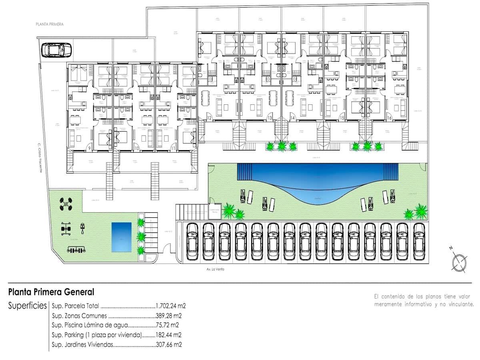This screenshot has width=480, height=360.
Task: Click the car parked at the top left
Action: click(x=57, y=50)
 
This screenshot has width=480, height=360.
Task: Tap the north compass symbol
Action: click(x=459, y=262)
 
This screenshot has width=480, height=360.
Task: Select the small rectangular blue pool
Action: click(x=121, y=237)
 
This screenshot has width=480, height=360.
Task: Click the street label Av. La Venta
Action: click(x=215, y=269)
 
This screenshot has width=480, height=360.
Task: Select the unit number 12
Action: click(x=209, y=118)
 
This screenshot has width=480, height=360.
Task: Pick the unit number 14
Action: click(x=293, y=118)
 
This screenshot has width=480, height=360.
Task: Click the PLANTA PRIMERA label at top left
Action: click(x=50, y=24)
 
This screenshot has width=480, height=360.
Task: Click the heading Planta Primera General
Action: click(x=51, y=292)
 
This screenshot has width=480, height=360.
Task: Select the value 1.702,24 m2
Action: click(x=171, y=306)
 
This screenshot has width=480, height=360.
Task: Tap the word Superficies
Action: click(x=27, y=306)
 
